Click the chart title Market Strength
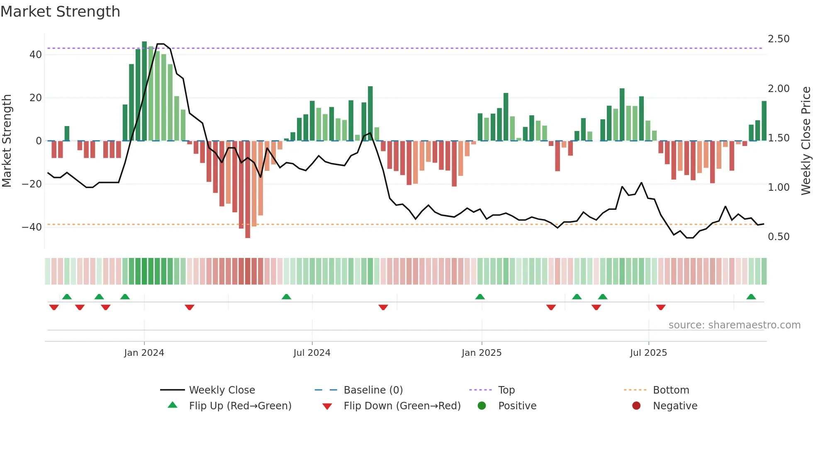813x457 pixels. click(60, 12)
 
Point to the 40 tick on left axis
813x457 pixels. click(35, 55)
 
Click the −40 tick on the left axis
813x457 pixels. click(32, 227)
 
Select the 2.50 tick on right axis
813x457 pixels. click(779, 39)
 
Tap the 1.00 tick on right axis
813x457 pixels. click(779, 187)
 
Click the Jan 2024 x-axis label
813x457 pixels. click(144, 353)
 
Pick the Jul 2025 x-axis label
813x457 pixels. click(648, 353)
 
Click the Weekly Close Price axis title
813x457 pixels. click(806, 141)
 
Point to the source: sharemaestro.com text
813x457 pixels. click(734, 325)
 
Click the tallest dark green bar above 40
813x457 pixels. click(144, 91)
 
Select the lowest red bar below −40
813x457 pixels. click(248, 189)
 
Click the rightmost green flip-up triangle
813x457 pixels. click(751, 297)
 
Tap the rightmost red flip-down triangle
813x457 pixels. click(661, 307)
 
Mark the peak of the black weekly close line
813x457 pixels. click(161, 44)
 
